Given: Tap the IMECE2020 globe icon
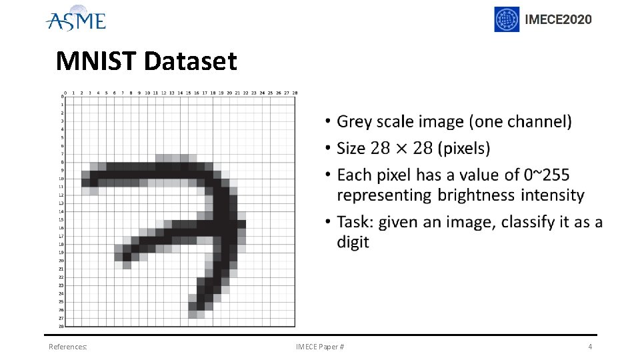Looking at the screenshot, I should click(x=507, y=19).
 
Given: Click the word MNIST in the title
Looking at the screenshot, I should click(x=97, y=61).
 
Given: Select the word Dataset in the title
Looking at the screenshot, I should click(x=190, y=61).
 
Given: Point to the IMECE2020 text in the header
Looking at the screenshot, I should click(x=558, y=19).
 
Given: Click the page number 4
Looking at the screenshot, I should click(x=590, y=347).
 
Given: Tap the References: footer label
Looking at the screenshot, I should click(x=68, y=347).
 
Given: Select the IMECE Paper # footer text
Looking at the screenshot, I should click(x=320, y=347).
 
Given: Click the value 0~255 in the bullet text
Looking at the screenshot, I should click(x=547, y=175).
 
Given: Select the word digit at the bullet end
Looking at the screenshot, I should click(x=353, y=242).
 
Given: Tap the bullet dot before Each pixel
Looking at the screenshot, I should click(x=328, y=175).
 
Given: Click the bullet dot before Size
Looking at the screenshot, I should click(x=328, y=149).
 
